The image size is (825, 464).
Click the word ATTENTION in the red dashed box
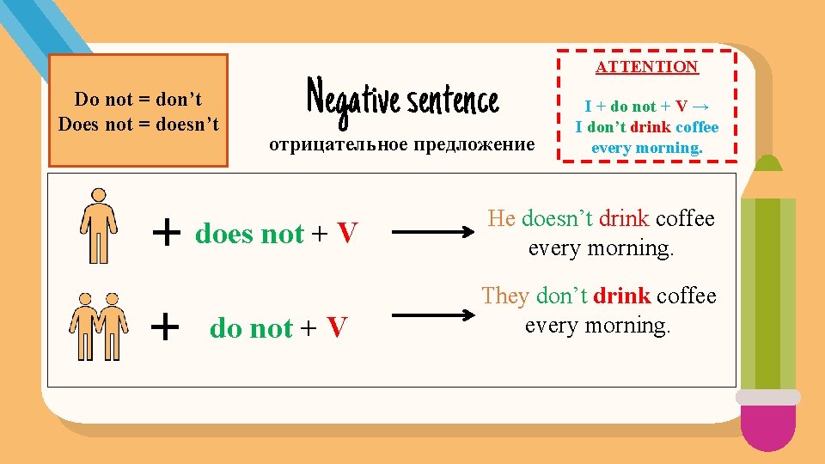pyautogui.click(x=647, y=66)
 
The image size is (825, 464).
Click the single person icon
pyautogui.click(x=99, y=225)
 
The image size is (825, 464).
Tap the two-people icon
pyautogui.click(x=98, y=326)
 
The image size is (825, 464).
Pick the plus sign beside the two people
pyautogui.click(x=165, y=326)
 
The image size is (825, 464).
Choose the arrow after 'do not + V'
pyautogui.click(x=435, y=327)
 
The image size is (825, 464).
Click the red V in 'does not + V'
pyautogui.click(x=346, y=233)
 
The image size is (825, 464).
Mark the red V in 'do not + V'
pyautogui.click(x=337, y=327)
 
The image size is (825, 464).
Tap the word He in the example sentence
pyautogui.click(x=501, y=218)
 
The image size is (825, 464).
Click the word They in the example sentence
pyautogui.click(x=504, y=296)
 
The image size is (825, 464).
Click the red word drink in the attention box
pyautogui.click(x=649, y=127)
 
